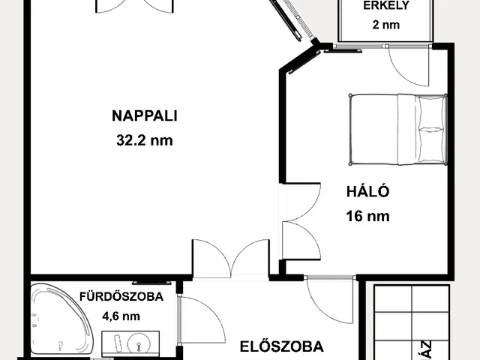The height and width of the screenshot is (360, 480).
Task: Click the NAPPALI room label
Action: coord(148,115)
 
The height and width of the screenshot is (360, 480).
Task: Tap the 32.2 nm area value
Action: coord(148,139)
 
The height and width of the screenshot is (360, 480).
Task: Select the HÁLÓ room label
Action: coord(368,191)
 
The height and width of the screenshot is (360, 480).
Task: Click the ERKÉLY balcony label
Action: coord(385,6)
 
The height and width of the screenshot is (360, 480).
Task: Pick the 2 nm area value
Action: coord(385,24)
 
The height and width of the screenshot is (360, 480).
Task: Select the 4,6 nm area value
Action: coord(121,316)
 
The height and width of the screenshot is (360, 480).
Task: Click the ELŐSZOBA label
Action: coord(282,346)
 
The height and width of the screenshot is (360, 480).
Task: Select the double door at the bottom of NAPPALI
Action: coord(231,257)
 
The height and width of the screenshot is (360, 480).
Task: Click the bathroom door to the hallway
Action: coord(201,319)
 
